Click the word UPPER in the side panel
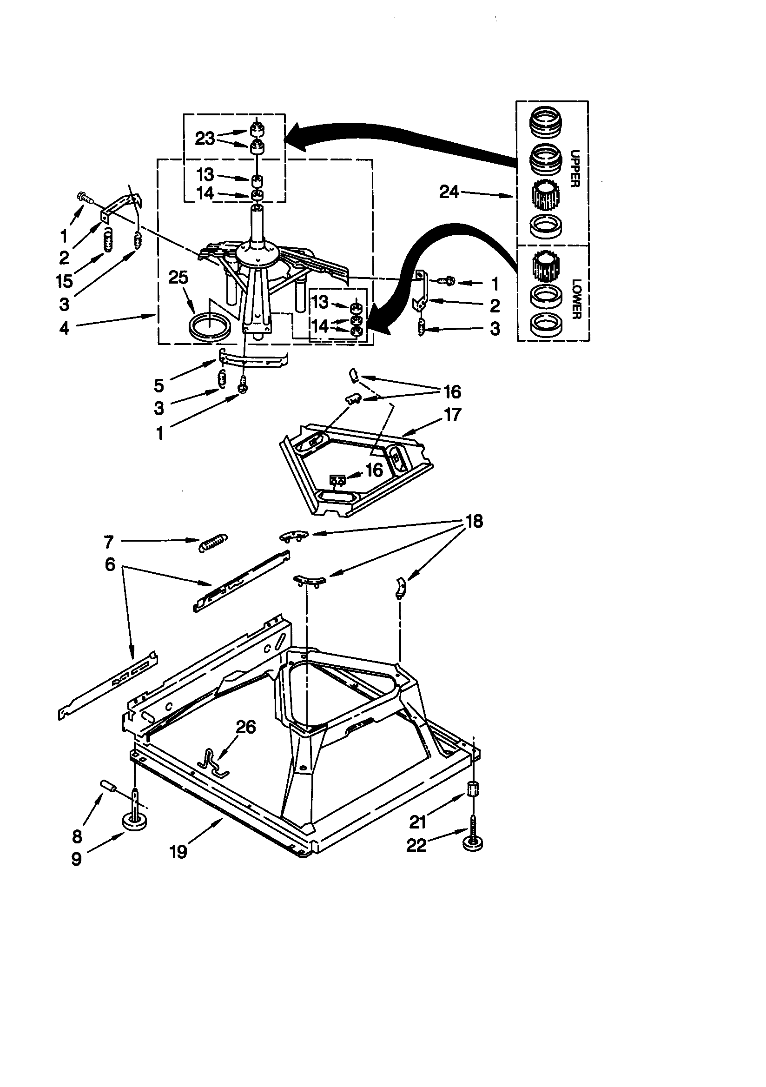click(x=575, y=169)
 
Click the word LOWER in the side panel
click(x=576, y=299)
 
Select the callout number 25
click(x=178, y=278)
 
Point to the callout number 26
click(x=246, y=727)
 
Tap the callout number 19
click(x=178, y=852)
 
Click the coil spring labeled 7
click(x=213, y=543)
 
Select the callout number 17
click(x=452, y=415)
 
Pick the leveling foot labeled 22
click(x=472, y=843)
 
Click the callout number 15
click(x=65, y=281)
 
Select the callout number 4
click(x=65, y=328)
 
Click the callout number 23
click(x=205, y=139)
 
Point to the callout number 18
click(x=474, y=521)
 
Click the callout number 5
click(x=159, y=385)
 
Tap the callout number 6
click(x=110, y=564)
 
